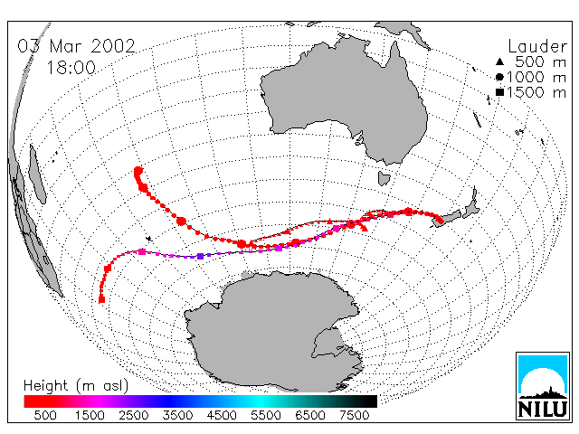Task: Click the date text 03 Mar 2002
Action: coord(76,46)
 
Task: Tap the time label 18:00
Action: coord(71,68)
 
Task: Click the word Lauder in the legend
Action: coord(537,47)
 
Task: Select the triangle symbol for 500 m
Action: coord(499,62)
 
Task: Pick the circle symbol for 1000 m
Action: coord(499,77)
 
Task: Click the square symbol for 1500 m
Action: coord(499,92)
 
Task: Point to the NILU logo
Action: coord(543,386)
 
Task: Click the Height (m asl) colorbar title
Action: coord(76,386)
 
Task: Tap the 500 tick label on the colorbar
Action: coord(45,415)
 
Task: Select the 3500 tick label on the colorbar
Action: coord(177,415)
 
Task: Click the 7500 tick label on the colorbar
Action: coord(354,415)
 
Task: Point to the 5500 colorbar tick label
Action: coord(266,415)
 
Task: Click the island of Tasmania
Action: coord(384,178)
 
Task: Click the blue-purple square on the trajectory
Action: coord(201,256)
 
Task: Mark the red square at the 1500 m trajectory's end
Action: coord(102,299)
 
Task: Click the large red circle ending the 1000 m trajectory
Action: coord(138,171)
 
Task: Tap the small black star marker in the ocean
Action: coord(149,239)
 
